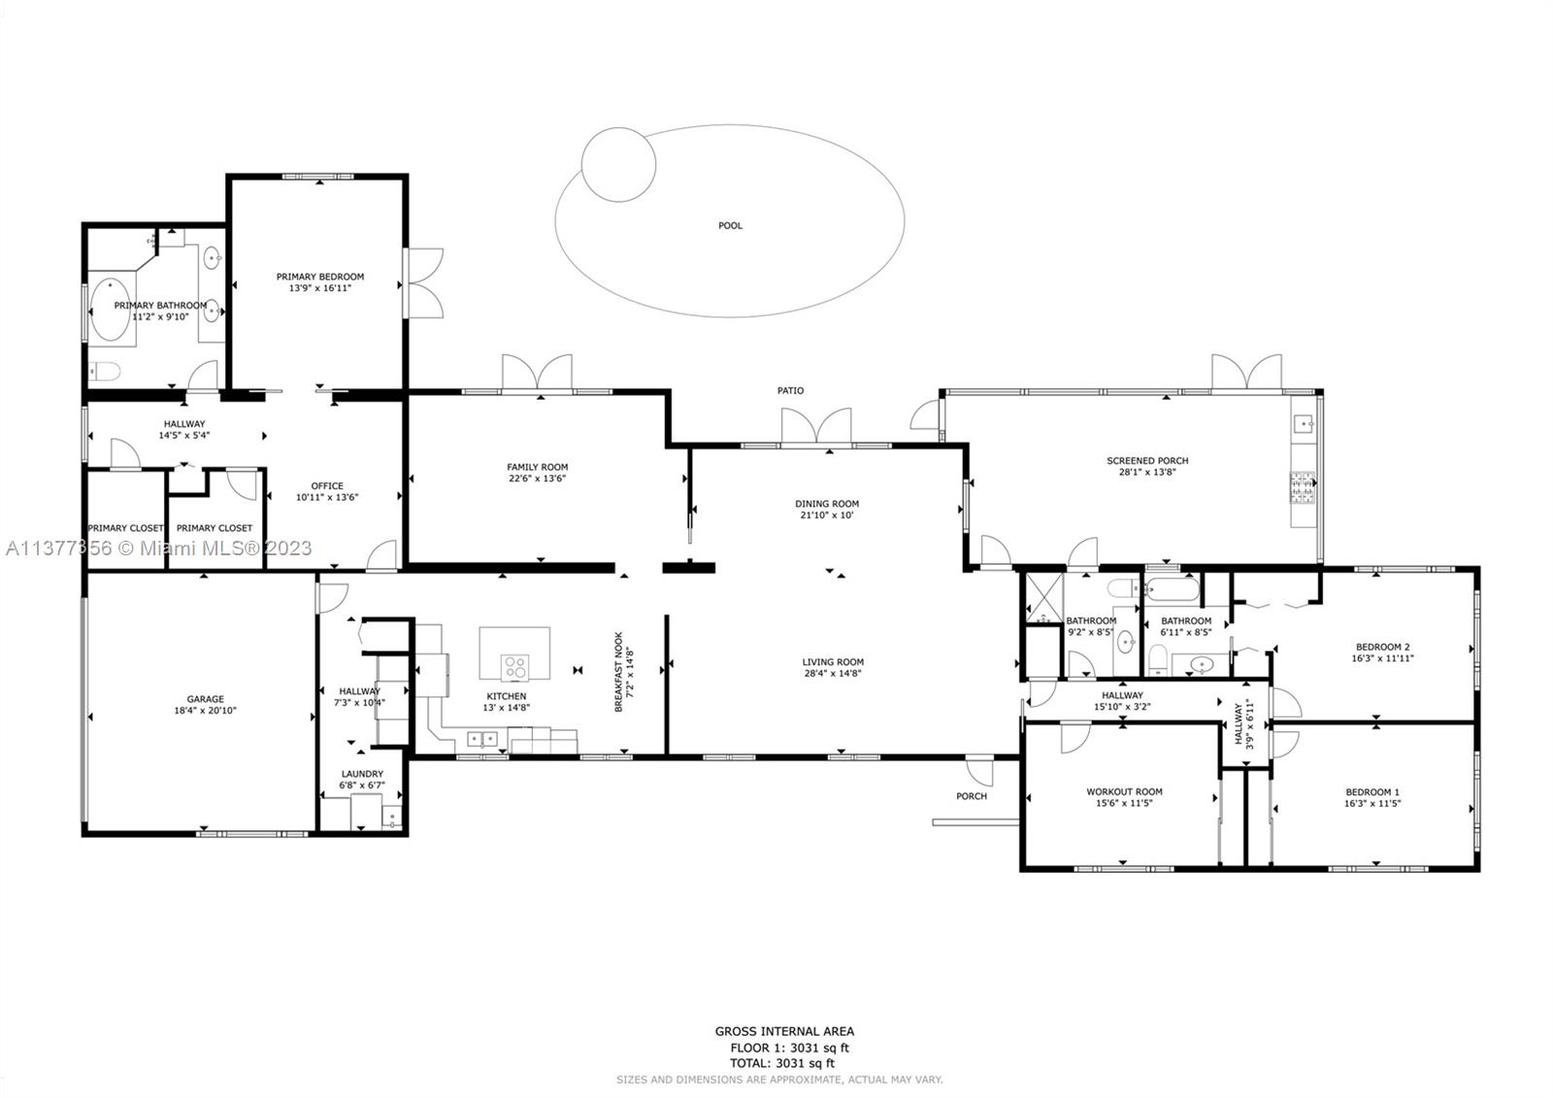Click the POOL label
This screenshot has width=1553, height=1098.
pos(730,225)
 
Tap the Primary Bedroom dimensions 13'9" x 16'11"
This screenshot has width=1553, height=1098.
pos(320,288)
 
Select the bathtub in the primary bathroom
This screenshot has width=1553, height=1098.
pos(111,310)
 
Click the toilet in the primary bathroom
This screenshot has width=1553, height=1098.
pos(105,372)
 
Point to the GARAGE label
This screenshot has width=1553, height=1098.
pos(205,699)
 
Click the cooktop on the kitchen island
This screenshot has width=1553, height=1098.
pos(514,668)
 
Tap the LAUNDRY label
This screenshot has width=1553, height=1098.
pos(362,774)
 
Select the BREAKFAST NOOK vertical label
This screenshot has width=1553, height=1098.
pos(619,672)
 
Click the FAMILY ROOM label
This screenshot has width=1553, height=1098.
pos(538,468)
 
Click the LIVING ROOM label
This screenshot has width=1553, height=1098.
pos(833,662)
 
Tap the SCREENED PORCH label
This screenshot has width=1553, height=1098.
pos(1147,460)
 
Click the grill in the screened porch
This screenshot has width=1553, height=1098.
pos(1302,487)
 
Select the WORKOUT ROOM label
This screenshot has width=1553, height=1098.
pos(1125,791)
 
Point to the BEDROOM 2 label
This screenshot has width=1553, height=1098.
pos(1382,648)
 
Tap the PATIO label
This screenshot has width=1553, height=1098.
pos(790,390)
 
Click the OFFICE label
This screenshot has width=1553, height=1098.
pos(327,486)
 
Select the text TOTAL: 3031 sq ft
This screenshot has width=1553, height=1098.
pos(782,1063)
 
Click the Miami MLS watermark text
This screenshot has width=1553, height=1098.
pos(159,549)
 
